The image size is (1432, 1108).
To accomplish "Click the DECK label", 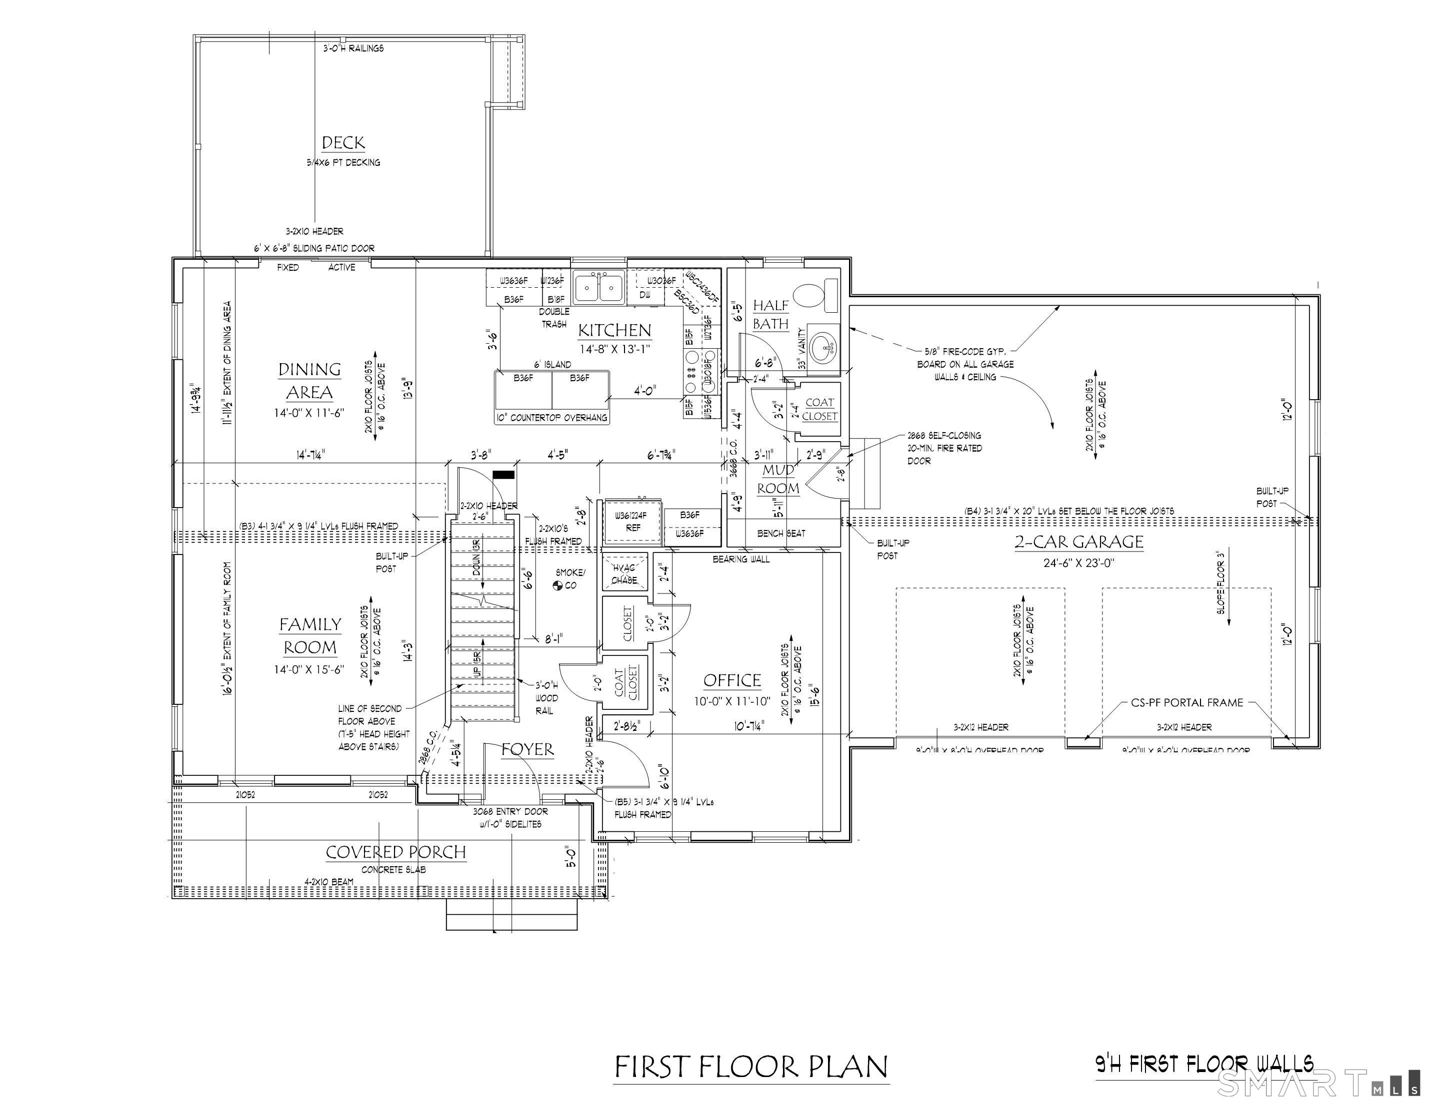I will click(x=343, y=143).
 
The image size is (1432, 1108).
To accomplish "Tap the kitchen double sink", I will click(x=598, y=287).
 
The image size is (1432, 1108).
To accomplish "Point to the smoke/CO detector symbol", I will click(x=558, y=585).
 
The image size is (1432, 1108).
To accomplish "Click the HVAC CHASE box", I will click(x=624, y=572).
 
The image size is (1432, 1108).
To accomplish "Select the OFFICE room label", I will click(x=732, y=680).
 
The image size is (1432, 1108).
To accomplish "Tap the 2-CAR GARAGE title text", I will click(x=1079, y=542).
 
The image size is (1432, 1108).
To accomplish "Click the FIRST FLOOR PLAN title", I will click(x=751, y=1067).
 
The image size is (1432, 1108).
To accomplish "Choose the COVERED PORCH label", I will click(x=396, y=852).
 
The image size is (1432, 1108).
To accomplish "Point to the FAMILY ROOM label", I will click(x=310, y=635).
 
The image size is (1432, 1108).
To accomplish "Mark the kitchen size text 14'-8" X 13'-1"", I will click(x=615, y=349).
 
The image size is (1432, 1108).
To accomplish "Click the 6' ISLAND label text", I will click(x=552, y=364).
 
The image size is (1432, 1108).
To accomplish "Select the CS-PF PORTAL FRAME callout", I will click(x=1187, y=702).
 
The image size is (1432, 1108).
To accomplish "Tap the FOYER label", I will click(x=527, y=749).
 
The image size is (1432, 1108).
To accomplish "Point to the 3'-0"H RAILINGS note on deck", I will click(x=353, y=48).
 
